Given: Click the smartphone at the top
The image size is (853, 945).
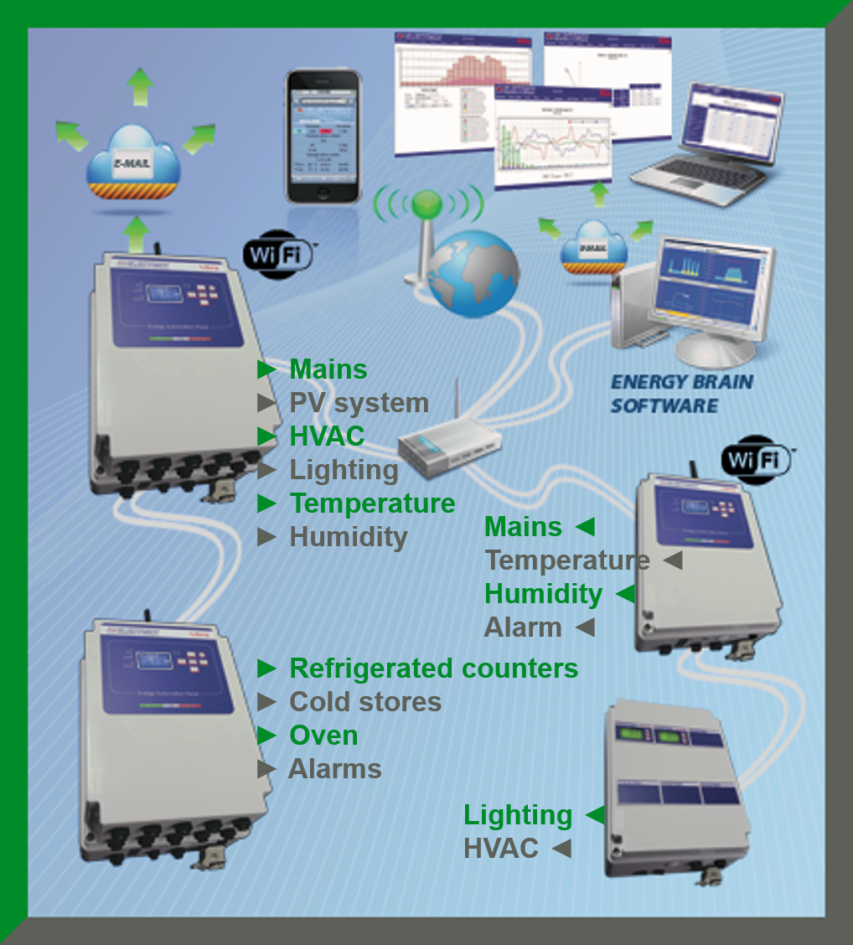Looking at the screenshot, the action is coord(323,136).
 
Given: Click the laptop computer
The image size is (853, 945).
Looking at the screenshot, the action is coord(706,147).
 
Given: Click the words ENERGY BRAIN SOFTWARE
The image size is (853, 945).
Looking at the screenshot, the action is coord(680,394).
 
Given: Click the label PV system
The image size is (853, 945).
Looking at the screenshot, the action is coord(359,403).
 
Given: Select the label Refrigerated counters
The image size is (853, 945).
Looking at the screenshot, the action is coord(433,669).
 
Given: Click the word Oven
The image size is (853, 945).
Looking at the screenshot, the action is coord(323,736).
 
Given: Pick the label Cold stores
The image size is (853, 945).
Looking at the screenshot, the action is coord(364,702).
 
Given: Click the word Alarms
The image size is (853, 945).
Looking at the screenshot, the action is coord(334,769).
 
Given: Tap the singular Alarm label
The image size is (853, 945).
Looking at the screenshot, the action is coord(523,627).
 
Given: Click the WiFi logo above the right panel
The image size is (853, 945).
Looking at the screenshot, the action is coord(757,459).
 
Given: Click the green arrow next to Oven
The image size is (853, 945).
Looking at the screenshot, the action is coord(266,736).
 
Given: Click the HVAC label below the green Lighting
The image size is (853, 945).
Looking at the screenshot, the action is coord(501,848).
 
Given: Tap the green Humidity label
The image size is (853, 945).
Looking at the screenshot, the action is coord(543,593).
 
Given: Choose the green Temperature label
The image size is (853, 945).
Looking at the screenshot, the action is coord(372,503).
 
